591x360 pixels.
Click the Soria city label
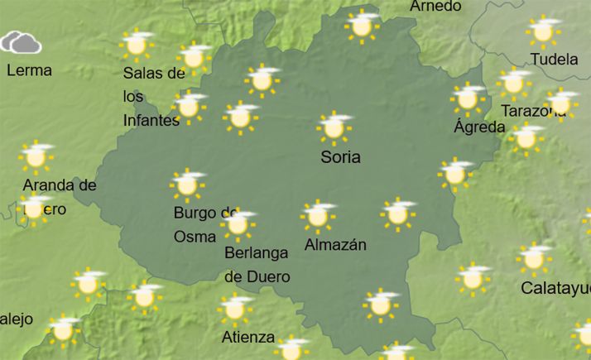340,156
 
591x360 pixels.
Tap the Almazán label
335,245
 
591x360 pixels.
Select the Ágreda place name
479,127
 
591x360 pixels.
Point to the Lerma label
29,70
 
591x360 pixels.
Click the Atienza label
248,337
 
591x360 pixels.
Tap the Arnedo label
435,7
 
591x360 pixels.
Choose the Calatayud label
555,288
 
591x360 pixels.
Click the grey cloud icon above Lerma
22,42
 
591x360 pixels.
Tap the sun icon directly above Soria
334,127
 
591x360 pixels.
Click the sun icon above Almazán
317,215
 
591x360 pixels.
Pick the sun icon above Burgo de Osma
187,185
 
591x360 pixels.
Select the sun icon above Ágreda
468,98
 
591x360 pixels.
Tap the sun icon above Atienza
236,309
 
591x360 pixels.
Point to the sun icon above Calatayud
534,259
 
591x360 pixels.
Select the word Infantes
151,120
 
